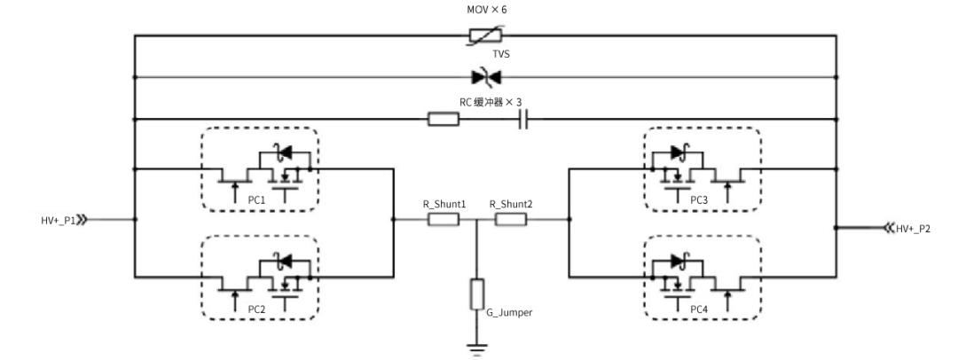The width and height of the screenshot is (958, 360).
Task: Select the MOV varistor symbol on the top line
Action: (x=483, y=35)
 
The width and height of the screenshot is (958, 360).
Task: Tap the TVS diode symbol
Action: (x=483, y=77)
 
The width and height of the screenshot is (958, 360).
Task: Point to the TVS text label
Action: (x=484, y=55)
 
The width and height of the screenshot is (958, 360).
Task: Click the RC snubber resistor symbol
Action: (x=443, y=119)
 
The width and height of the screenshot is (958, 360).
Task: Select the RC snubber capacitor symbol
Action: (x=523, y=119)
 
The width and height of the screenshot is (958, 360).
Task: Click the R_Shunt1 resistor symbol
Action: (x=443, y=218)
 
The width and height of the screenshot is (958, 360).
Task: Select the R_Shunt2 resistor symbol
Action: (x=510, y=218)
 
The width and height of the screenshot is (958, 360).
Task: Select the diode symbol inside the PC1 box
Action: (x=284, y=153)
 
